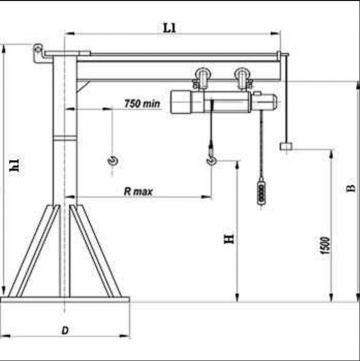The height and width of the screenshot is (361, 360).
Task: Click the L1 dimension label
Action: (169, 28)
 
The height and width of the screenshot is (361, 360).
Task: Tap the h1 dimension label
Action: (15, 165)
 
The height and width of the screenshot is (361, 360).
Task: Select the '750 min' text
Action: (142, 104)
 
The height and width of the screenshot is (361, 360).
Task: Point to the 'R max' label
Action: (138, 192)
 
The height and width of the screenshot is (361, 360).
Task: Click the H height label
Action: (229, 239)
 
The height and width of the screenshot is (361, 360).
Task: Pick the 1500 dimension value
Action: (325, 245)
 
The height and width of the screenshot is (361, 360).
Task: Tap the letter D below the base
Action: (65, 331)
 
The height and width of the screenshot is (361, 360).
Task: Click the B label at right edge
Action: (351, 188)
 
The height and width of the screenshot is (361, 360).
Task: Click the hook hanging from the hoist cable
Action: (212, 160)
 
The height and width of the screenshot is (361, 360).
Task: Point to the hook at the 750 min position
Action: (113, 160)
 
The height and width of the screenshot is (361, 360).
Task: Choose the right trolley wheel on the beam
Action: (242, 78)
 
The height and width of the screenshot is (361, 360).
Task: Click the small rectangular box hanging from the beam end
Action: (286, 146)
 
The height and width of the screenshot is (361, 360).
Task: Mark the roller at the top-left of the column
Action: (37, 49)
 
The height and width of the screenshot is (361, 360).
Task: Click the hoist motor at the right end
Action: (264, 102)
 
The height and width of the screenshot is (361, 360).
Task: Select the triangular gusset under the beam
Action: (82, 86)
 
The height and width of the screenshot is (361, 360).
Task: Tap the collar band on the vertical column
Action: (65, 138)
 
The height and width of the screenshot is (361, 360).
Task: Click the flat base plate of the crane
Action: (65, 299)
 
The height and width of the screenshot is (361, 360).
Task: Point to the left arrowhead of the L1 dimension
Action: (69, 33)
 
